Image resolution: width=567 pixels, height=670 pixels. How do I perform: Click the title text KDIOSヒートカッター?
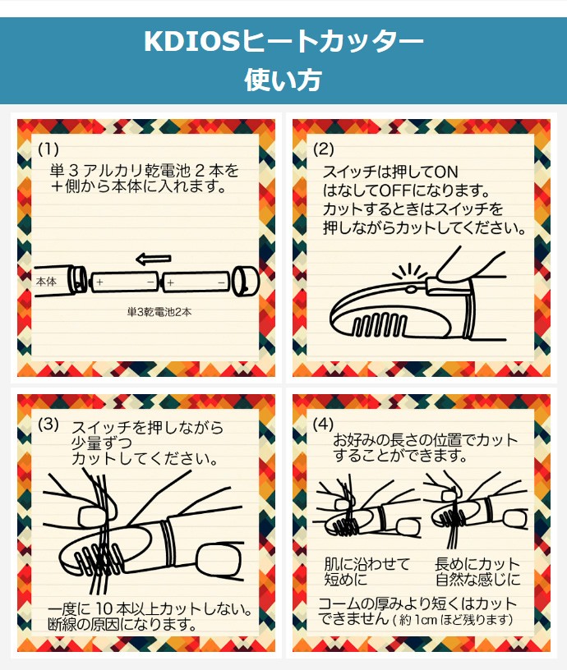283,42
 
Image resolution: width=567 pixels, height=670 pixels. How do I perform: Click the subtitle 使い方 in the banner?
283,80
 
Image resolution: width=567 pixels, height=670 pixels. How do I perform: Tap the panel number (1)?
48,149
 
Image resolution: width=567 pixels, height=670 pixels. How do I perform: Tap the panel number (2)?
323,149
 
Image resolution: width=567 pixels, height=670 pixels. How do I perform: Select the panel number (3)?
48,424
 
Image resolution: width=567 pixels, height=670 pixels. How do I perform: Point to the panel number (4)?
323,424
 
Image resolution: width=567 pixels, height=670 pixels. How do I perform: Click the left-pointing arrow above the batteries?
154,259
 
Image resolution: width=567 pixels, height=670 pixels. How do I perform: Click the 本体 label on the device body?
46,282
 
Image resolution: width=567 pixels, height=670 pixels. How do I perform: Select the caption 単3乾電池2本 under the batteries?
159,312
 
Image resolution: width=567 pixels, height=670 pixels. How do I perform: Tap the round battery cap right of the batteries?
246,281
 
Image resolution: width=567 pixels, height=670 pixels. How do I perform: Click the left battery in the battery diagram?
124,282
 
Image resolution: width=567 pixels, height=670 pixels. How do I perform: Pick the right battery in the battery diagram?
196,282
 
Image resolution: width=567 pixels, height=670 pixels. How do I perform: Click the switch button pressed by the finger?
411,289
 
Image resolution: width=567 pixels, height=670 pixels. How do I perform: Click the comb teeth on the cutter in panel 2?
380,324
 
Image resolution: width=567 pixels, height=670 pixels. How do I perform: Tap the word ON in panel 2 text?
446,172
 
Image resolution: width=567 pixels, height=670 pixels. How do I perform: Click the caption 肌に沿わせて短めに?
367,571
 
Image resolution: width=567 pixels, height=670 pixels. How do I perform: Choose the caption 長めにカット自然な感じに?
477,571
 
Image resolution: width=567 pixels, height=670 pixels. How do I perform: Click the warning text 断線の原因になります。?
122,625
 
